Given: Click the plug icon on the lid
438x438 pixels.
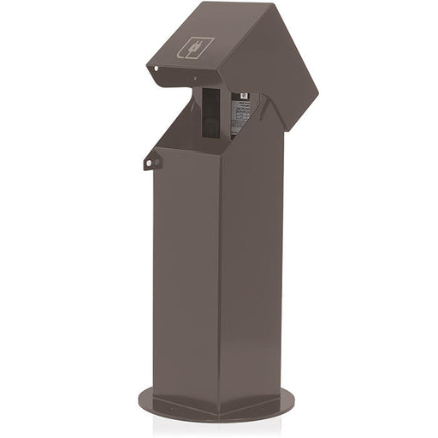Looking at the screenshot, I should pyautogui.click(x=195, y=47).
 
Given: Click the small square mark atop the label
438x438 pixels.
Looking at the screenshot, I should pyautogui.click(x=243, y=98).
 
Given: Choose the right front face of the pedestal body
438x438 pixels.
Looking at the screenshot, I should pyautogui.click(x=253, y=274).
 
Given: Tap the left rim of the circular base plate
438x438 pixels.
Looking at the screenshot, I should pyautogui.click(x=141, y=399).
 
